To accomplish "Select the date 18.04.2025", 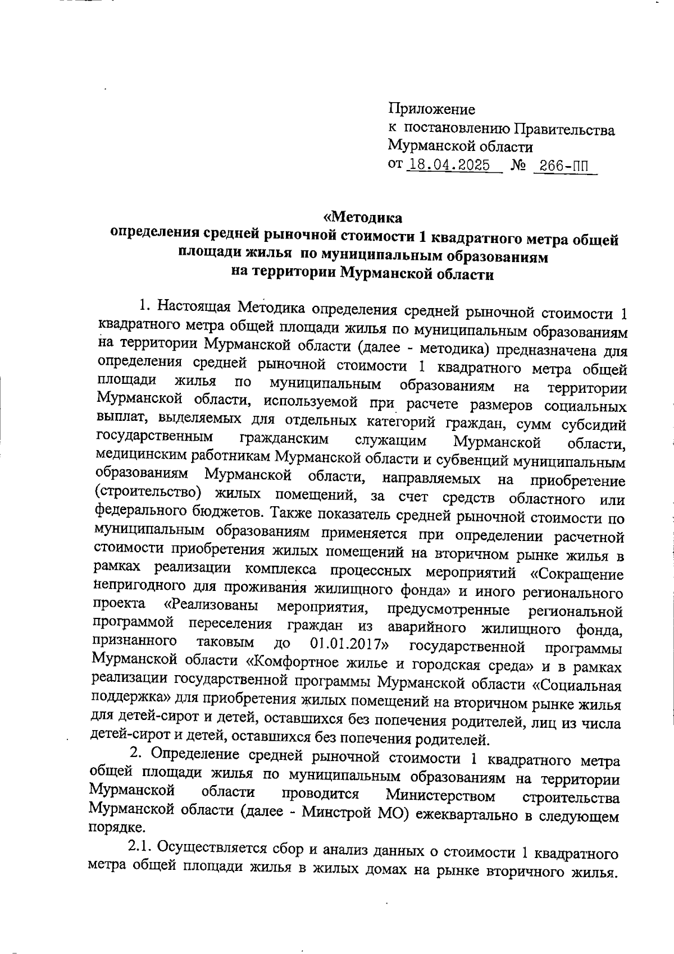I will tap(447, 165).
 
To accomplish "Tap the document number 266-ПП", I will tap(562, 166).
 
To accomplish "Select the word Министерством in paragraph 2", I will tap(441, 796).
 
